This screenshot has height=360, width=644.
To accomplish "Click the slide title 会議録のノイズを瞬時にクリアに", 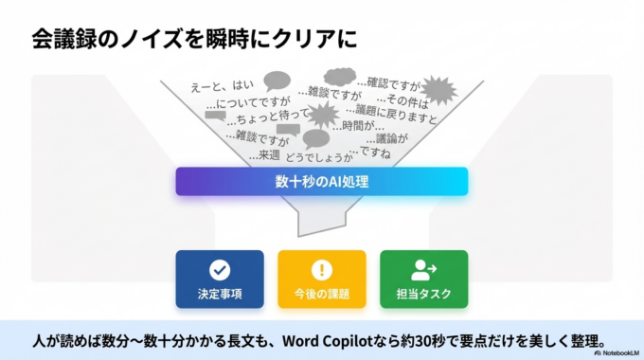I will pyautogui.click(x=193, y=39).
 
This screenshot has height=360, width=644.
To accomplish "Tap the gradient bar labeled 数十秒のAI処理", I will pyautogui.click(x=321, y=181).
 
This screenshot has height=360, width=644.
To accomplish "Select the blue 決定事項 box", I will pyautogui.click(x=220, y=279).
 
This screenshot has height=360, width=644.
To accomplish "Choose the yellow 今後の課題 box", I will pyautogui.click(x=322, y=279).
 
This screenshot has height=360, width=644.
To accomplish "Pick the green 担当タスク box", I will pyautogui.click(x=423, y=279).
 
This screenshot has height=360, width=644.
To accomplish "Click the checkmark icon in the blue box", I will pyautogui.click(x=220, y=269).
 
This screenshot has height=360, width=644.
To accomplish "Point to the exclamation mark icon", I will pyautogui.click(x=322, y=269).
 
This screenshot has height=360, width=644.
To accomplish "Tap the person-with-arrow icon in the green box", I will pyautogui.click(x=423, y=269).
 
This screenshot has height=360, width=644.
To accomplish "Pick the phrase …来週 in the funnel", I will pyautogui.click(x=264, y=154).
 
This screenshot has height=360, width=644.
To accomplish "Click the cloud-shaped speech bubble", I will pyautogui.click(x=338, y=76).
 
